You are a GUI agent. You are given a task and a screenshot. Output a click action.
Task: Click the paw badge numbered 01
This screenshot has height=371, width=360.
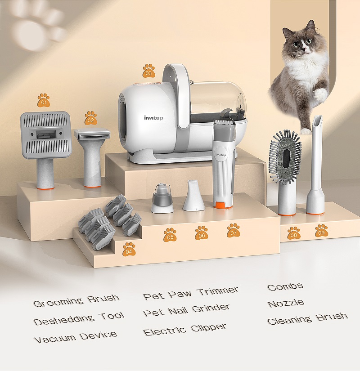(44, 100)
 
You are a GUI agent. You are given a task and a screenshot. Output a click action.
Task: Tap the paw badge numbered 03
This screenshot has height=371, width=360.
(149, 71)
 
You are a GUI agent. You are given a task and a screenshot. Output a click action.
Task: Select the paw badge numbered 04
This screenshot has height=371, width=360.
(129, 249)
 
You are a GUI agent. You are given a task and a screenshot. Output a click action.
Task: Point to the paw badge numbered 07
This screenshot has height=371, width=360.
(234, 230)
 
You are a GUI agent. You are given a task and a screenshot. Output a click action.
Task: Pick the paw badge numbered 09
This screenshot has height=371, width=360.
(321, 231)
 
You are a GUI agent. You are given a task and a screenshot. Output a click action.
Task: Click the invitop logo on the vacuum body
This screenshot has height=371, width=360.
(153, 117)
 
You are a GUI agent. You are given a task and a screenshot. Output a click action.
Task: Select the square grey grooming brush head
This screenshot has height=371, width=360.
(46, 135)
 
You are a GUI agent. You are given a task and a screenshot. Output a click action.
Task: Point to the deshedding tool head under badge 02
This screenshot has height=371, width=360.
(92, 134)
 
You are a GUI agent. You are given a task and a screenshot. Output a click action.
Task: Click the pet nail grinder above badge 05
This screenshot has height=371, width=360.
(162, 198)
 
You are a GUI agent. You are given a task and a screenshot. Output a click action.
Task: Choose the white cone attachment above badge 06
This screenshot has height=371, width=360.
(194, 196)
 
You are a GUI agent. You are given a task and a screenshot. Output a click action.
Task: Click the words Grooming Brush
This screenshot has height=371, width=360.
(76, 300)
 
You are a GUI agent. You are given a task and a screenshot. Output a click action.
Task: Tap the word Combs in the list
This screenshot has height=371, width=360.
(285, 286)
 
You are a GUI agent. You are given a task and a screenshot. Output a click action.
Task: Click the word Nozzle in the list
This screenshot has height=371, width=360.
(286, 303)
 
